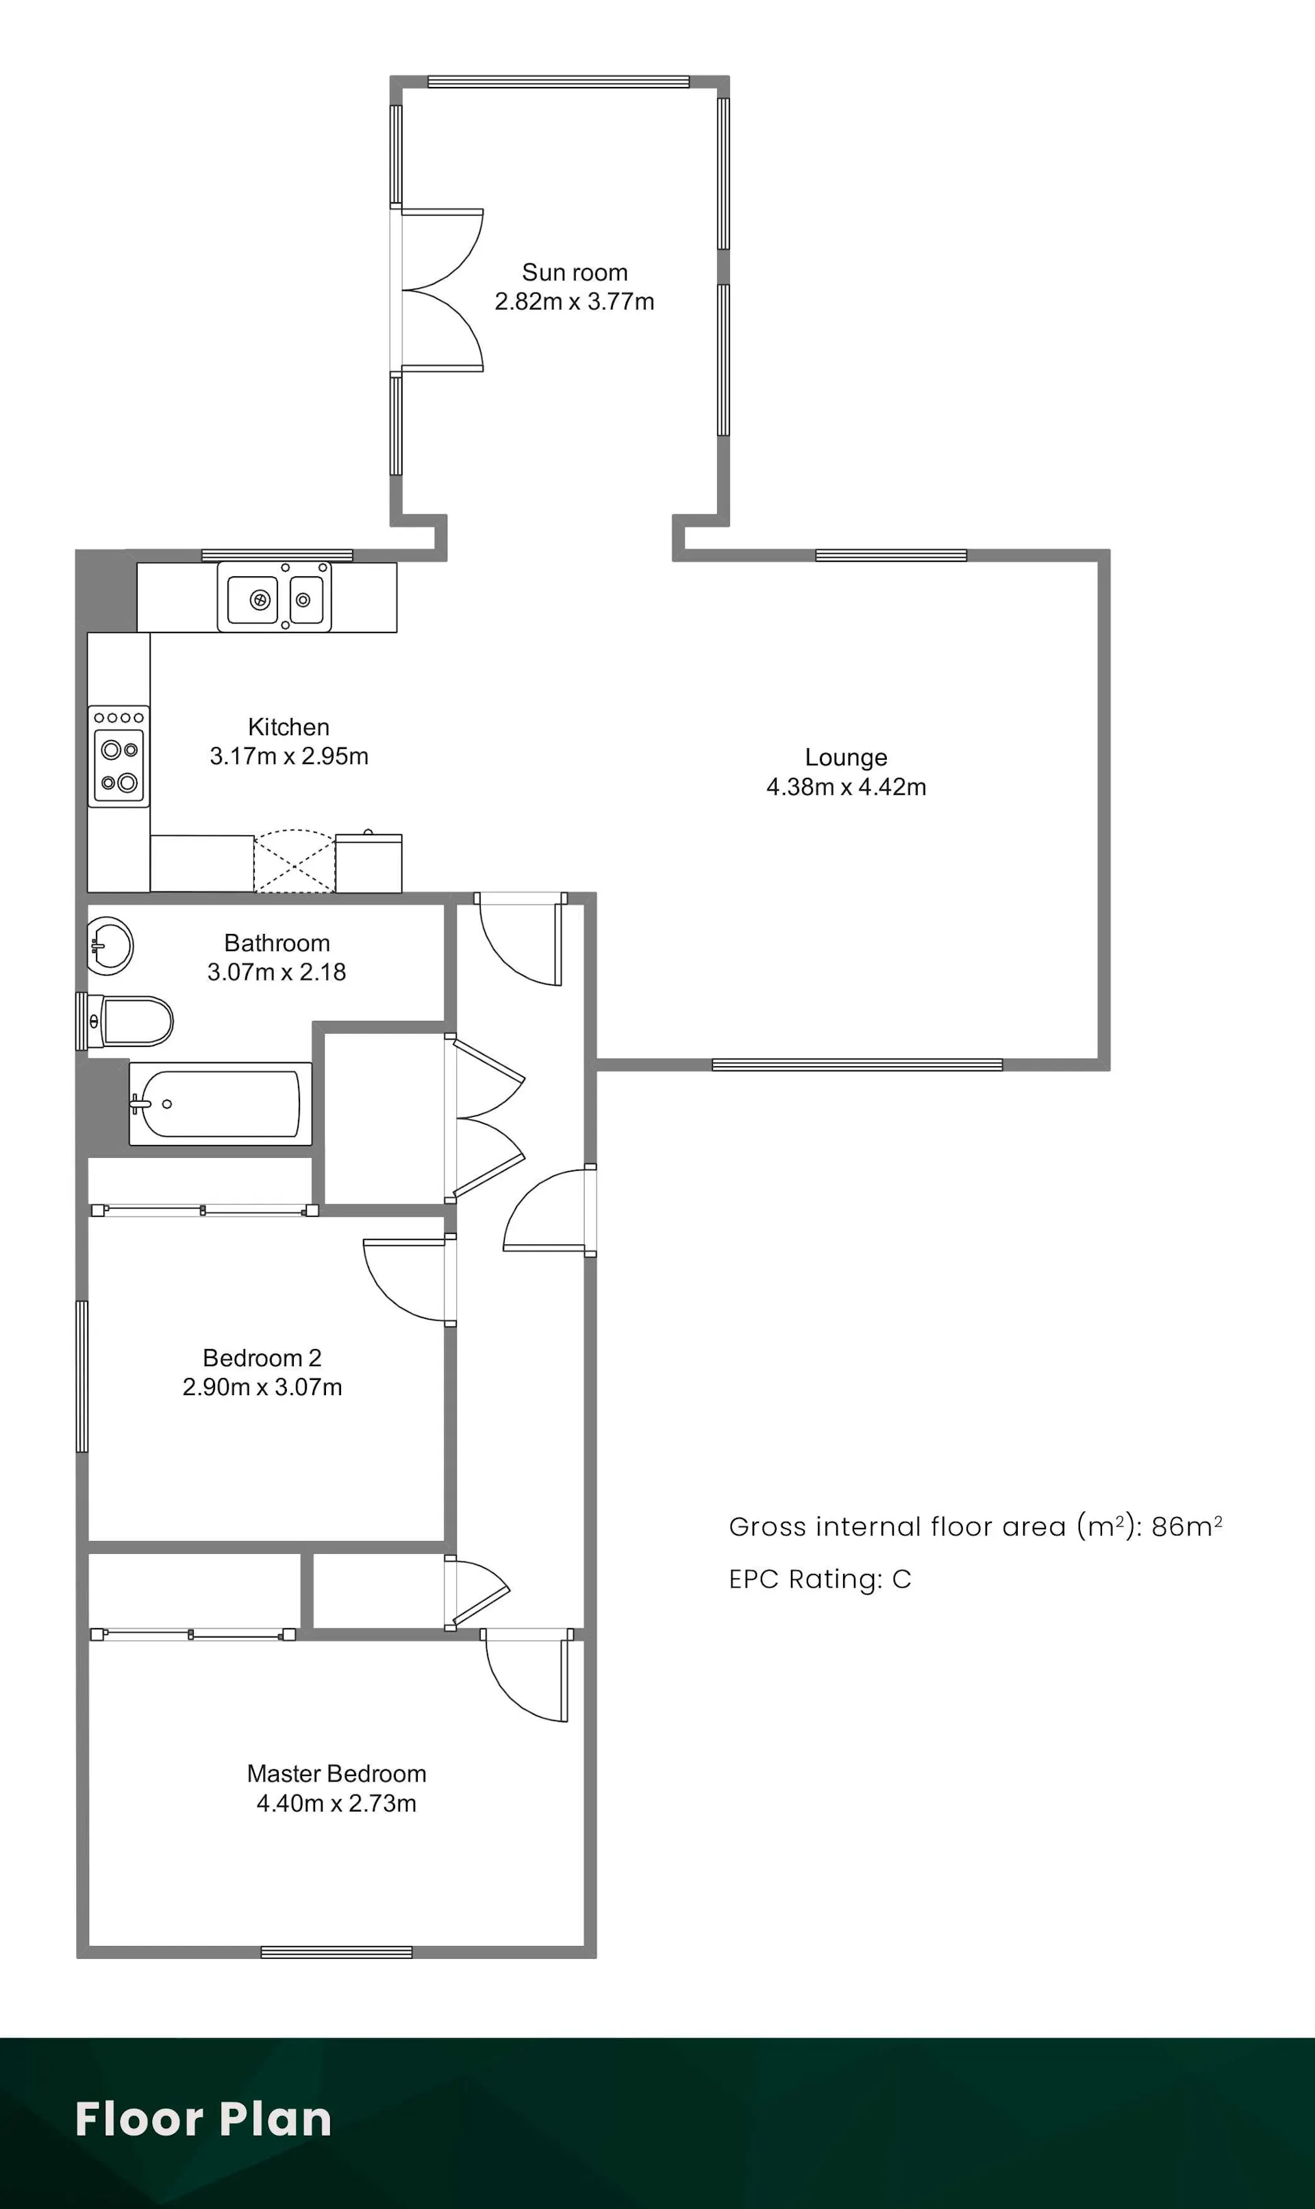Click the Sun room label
[x=574, y=272]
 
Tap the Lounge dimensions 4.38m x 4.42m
[x=847, y=787]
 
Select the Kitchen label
[x=289, y=727]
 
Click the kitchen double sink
[x=275, y=597]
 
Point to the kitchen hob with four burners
[x=118, y=756]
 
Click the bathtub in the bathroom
[x=221, y=1104]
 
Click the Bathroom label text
[x=277, y=943]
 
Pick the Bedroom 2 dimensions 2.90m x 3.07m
[x=262, y=1387]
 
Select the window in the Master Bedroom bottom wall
[x=337, y=1952]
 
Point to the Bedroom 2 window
[x=82, y=1377]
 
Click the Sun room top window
[x=558, y=82]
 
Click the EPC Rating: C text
[x=820, y=1579]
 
